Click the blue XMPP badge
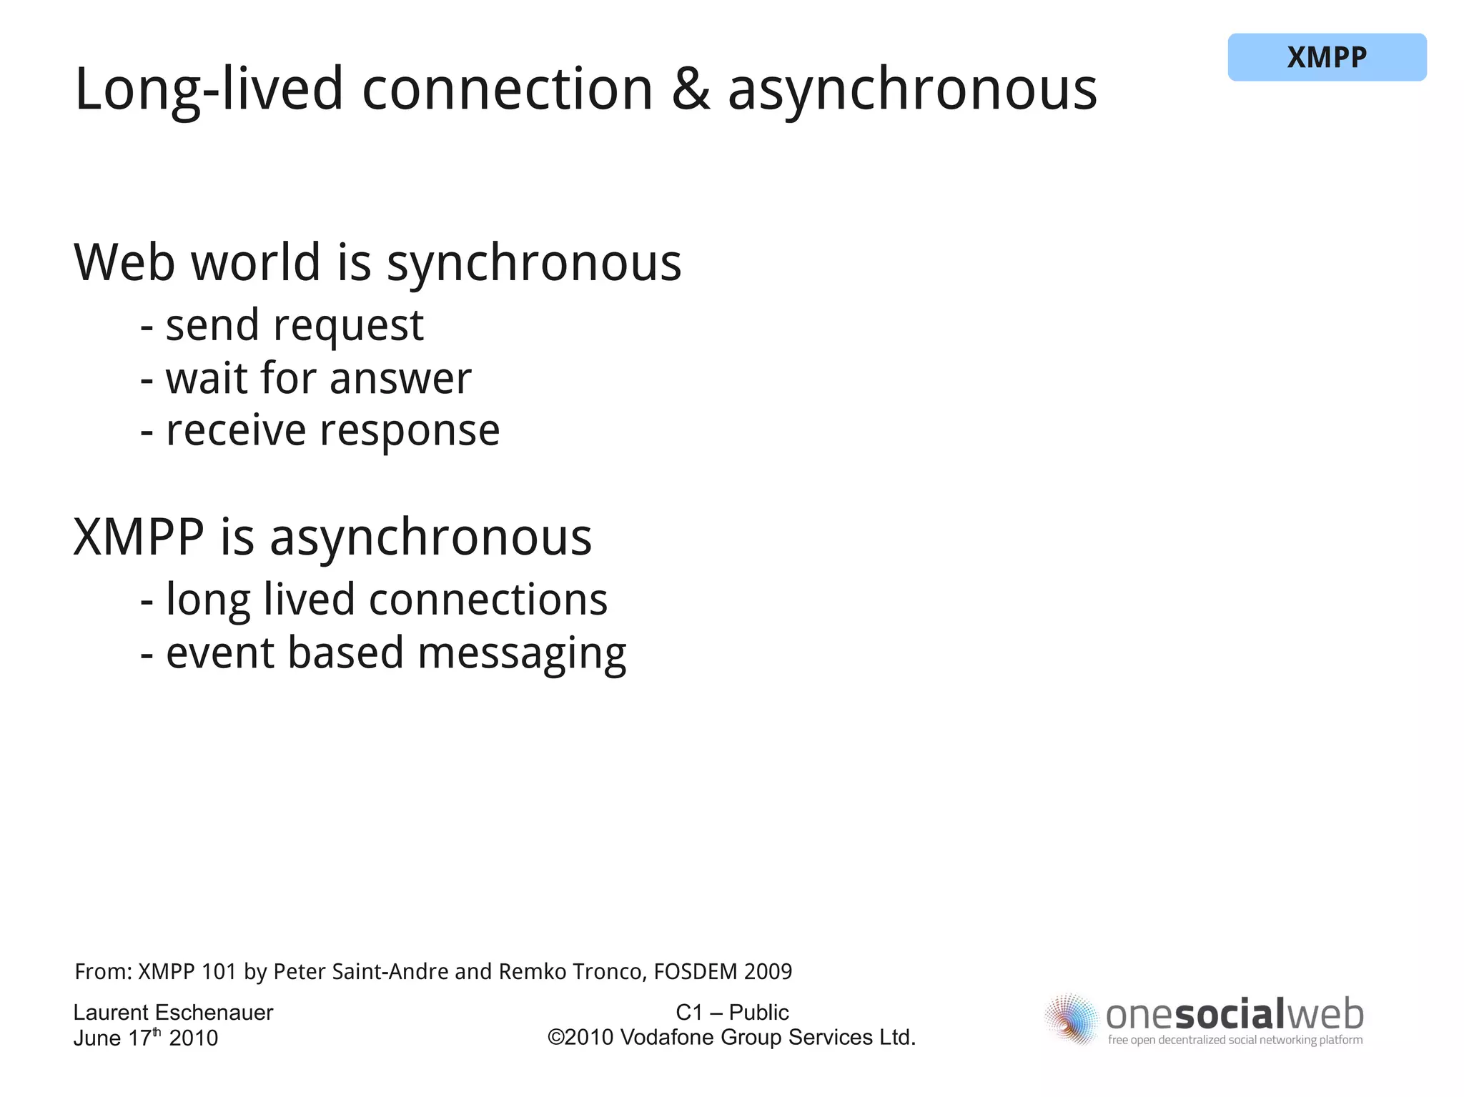(1327, 57)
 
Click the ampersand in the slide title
(691, 90)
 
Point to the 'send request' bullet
(294, 326)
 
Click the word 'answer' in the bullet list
(400, 379)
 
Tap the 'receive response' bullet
(332, 432)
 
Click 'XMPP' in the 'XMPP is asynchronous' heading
(139, 537)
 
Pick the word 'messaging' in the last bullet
(522, 654)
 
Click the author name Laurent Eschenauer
(173, 1013)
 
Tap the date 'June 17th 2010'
(145, 1038)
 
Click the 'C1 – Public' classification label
(732, 1013)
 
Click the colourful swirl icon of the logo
(1071, 1019)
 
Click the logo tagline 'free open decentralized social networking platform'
(1235, 1041)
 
